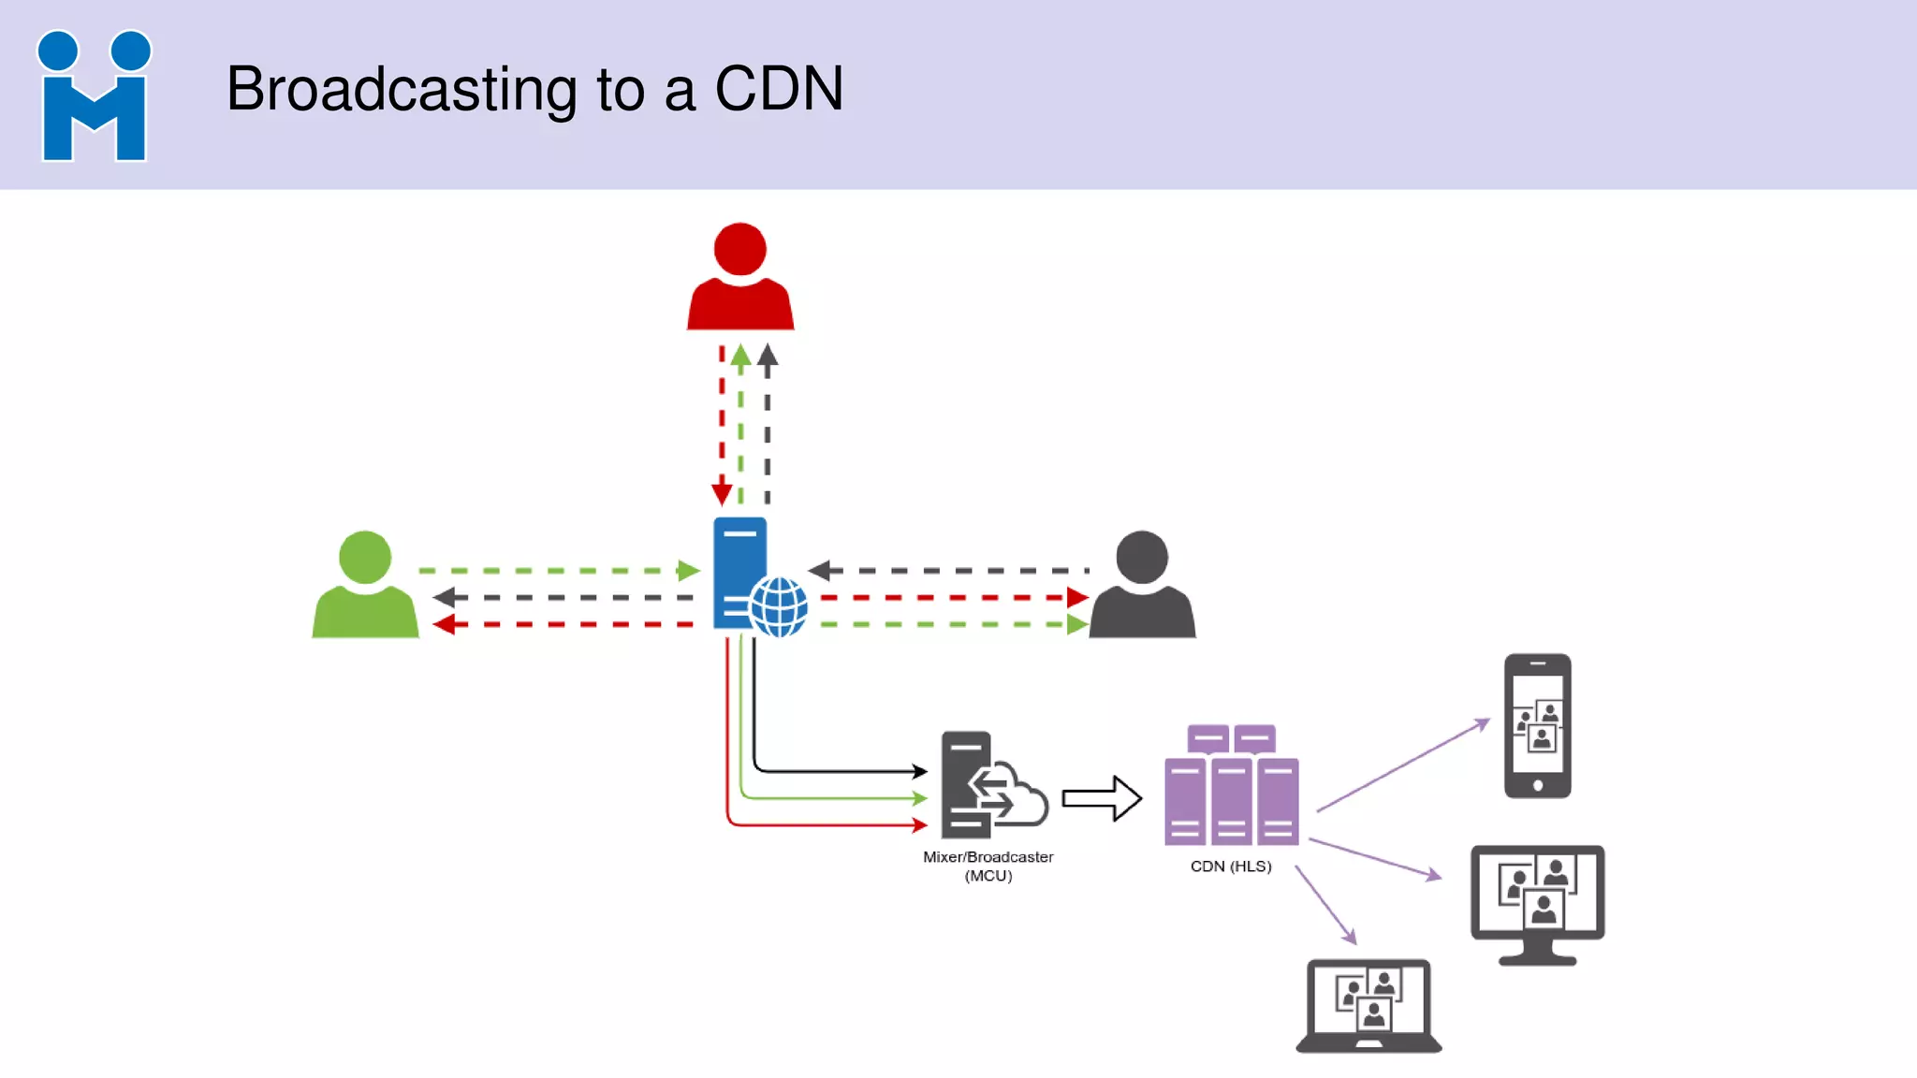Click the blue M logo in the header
[94, 96]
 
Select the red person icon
[739, 279]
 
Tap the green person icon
[365, 587]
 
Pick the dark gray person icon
[1142, 587]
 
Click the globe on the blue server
[779, 606]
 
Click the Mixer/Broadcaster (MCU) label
[988, 866]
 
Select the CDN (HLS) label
[1231, 867]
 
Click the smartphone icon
[1537, 726]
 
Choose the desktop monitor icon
[1537, 901]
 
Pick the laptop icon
[1368, 1006]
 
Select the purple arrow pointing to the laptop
[1325, 905]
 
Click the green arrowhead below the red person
[740, 355]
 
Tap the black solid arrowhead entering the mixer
[920, 771]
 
